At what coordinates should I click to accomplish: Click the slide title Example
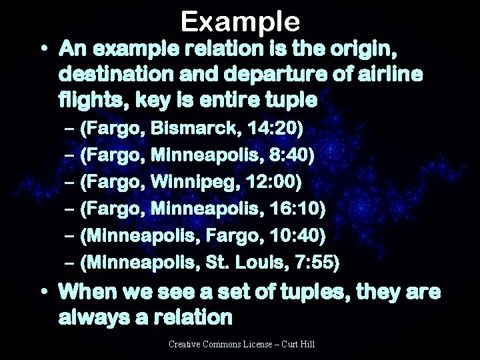(x=240, y=22)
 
